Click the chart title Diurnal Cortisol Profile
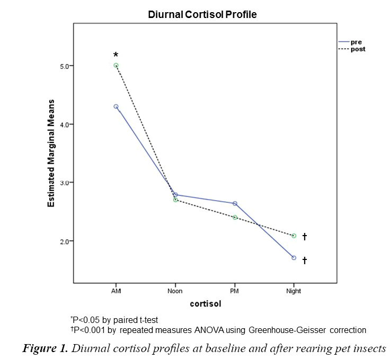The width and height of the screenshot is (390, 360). [x=202, y=15]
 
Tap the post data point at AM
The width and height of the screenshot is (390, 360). [x=116, y=66]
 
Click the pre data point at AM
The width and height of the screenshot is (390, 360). [x=116, y=106]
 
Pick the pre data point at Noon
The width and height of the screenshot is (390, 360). [x=175, y=195]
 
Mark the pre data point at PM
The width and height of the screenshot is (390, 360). [x=235, y=203]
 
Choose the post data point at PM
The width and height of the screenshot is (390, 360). [x=235, y=217]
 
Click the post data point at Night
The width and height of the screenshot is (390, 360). [x=294, y=236]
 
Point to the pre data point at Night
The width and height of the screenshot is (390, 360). [x=294, y=258]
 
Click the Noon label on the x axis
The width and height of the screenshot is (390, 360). [x=175, y=291]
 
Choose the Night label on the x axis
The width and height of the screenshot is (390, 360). [x=294, y=291]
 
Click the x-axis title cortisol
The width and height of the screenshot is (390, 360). [x=205, y=305]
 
